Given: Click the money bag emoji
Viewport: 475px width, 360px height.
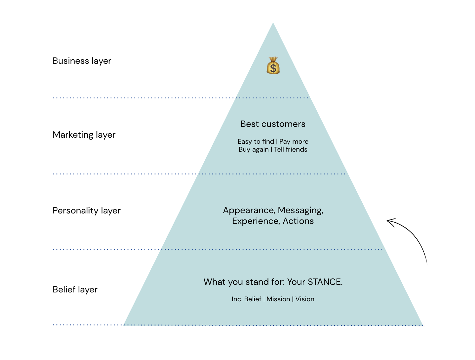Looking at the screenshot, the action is click(273, 65).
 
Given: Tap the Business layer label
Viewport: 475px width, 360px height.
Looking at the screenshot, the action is click(82, 61).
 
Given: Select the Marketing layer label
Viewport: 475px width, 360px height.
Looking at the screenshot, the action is click(84, 135).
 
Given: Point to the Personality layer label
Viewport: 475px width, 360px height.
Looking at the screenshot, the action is click(87, 211).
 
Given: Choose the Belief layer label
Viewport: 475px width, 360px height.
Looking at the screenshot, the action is click(75, 290).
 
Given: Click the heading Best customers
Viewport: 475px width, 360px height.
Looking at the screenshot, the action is click(273, 124).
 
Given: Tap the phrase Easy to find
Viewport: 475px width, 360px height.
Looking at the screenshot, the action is click(256, 141).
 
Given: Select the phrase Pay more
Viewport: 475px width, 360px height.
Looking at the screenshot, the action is click(294, 142).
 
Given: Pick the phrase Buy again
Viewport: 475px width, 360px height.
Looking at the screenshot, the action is click(254, 150).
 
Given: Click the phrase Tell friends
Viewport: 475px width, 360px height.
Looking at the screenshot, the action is click(291, 149).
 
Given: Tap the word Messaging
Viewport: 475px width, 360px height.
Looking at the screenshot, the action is click(300, 210).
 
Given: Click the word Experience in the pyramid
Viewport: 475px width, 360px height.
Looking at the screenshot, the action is click(256, 221).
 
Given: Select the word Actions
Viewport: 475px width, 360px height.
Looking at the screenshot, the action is click(298, 221).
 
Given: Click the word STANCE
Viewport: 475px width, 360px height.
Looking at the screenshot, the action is click(325, 282).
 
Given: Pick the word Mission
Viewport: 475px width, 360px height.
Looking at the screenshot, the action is click(278, 299).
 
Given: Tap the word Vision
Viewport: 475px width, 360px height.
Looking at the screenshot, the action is click(305, 299).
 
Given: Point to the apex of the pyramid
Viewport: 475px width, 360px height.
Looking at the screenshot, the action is click(273, 22).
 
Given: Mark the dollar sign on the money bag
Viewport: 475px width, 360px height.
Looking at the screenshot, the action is click(273, 68).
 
